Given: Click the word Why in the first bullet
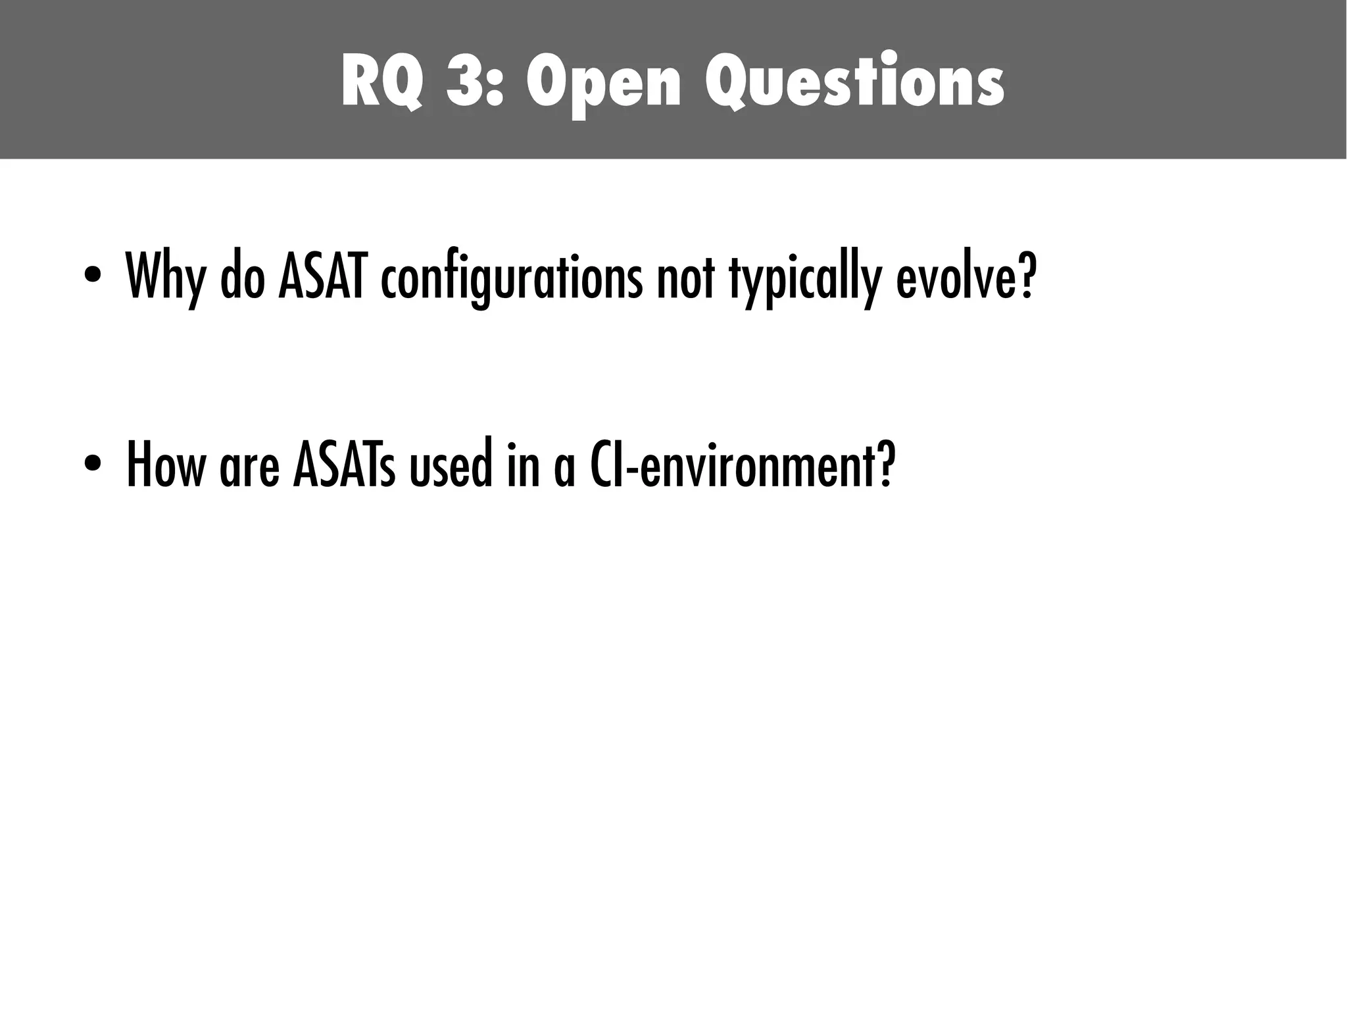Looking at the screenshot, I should [x=165, y=277].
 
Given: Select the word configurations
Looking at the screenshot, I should [x=511, y=277].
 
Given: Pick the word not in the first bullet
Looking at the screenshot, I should [x=685, y=277].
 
